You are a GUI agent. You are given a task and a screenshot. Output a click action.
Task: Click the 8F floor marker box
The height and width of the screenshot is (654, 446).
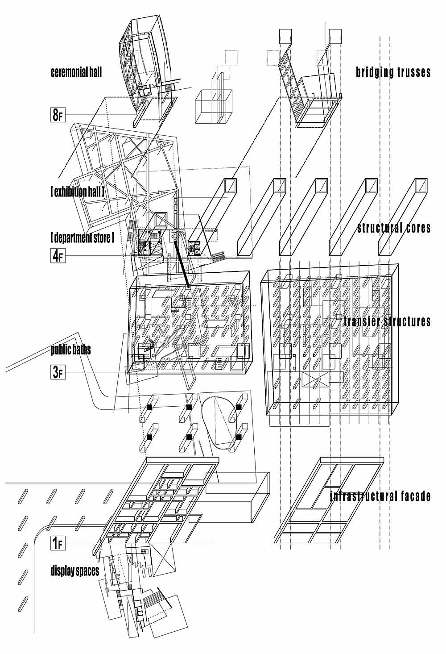pos(58,115)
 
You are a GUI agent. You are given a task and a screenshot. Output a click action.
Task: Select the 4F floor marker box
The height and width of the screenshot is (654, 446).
pos(58,255)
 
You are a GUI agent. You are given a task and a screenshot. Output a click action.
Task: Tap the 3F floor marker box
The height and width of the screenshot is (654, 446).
pos(58,372)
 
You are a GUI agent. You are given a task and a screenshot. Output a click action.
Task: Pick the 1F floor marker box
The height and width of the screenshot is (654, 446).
pos(58,543)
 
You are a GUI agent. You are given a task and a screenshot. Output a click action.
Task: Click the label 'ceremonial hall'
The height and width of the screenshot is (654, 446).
pos(76,72)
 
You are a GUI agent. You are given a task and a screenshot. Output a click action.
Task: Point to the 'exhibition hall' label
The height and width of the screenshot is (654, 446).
pos(77,192)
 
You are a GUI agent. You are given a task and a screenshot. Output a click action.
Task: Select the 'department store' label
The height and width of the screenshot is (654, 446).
pos(82,238)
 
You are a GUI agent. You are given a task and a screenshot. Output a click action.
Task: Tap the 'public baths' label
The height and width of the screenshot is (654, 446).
pos(70,350)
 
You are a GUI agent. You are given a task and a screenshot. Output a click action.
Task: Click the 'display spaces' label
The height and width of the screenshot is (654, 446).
pos(75,571)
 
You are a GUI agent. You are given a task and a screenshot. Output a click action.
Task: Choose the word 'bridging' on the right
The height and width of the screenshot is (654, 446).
pos(373,72)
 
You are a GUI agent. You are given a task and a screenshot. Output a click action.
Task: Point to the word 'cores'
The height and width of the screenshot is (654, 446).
pos(418,228)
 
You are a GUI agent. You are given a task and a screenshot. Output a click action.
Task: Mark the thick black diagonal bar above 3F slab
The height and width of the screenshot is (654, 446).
pos(182,264)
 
